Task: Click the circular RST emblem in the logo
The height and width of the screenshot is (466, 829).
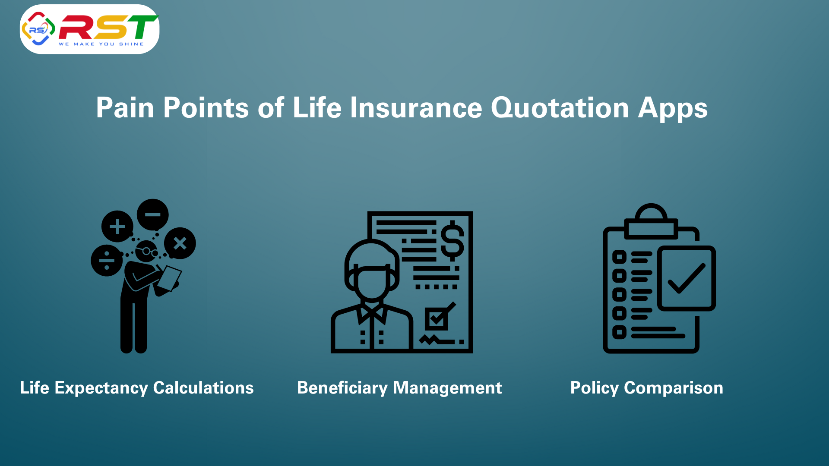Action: pyautogui.click(x=38, y=29)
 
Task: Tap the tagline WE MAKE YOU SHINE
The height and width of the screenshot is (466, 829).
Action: pyautogui.click(x=101, y=44)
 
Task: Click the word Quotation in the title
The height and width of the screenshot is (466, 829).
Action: pyautogui.click(x=560, y=108)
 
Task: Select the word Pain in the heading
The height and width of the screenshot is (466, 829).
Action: pyautogui.click(x=125, y=107)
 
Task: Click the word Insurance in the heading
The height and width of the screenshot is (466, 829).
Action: pyautogui.click(x=416, y=107)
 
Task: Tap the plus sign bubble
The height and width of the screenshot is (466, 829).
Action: pyautogui.click(x=117, y=227)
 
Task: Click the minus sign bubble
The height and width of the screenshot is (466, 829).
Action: pyautogui.click(x=153, y=214)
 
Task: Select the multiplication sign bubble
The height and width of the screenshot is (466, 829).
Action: pyautogui.click(x=180, y=243)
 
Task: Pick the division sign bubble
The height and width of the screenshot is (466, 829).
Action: pyautogui.click(x=107, y=261)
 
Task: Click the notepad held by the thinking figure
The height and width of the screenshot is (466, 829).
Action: pyautogui.click(x=169, y=278)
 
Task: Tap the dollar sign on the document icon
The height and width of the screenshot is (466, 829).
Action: pyautogui.click(x=452, y=241)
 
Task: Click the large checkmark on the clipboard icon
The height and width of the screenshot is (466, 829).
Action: pyautogui.click(x=687, y=278)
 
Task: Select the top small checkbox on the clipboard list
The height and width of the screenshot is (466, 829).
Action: pyautogui.click(x=619, y=257)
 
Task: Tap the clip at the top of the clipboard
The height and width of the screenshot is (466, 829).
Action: pyautogui.click(x=651, y=221)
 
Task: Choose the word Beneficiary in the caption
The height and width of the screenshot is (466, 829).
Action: pyautogui.click(x=342, y=388)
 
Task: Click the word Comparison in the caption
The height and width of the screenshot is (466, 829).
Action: pyautogui.click(x=674, y=388)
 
